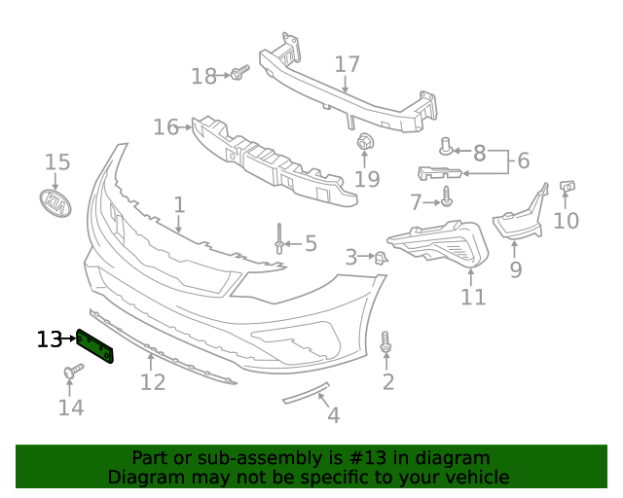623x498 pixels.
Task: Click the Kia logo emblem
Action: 58,204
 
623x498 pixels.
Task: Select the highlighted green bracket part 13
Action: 95,345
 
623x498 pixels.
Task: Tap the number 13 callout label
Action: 49,339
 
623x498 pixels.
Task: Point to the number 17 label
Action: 347,65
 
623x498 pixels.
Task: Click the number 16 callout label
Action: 165,126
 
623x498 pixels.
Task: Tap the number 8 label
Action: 479,153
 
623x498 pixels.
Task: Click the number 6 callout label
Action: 522,160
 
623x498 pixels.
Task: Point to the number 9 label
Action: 515,269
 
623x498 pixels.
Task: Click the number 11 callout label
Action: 473,296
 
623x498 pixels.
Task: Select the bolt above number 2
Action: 387,343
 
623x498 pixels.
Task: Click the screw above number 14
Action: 72,371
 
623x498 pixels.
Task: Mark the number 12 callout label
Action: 153,381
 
